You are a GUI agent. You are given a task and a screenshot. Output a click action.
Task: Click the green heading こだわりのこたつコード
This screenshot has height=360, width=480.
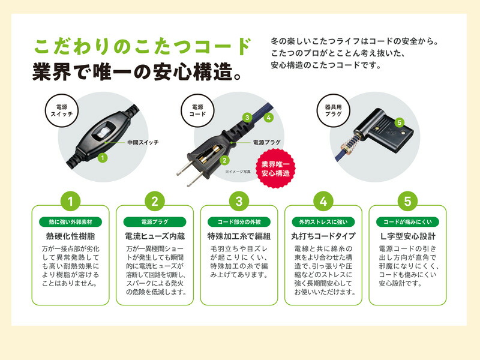[x=143, y=47]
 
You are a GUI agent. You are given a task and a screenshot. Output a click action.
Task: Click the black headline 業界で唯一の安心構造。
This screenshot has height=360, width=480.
[x=137, y=71]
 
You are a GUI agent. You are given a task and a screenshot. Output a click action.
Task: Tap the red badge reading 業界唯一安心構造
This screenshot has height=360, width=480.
[x=275, y=169]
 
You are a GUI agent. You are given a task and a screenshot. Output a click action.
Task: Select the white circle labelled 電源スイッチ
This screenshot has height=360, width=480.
[x=62, y=110]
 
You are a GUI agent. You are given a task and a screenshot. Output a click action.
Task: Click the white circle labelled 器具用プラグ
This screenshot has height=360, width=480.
[x=333, y=110]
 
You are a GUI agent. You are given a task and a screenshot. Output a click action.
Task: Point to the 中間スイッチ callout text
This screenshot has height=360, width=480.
[x=143, y=142]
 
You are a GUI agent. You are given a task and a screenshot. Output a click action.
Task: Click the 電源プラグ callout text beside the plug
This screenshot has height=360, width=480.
[x=266, y=142]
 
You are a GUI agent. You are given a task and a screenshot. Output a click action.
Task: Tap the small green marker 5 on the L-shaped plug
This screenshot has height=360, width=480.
[x=399, y=123]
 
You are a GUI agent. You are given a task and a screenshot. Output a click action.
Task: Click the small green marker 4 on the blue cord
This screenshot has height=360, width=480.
[x=268, y=117]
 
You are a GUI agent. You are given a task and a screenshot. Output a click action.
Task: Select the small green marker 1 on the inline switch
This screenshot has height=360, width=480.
[x=103, y=158]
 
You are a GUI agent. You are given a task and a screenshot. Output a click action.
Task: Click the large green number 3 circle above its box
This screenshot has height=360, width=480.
[x=239, y=202]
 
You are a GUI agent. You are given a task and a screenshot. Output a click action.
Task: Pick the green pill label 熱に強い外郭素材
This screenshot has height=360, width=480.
[x=70, y=222]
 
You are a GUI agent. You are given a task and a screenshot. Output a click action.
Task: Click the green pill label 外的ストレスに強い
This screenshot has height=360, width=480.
[x=323, y=222]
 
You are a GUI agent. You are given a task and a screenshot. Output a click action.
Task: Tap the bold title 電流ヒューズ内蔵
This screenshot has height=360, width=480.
[x=155, y=236]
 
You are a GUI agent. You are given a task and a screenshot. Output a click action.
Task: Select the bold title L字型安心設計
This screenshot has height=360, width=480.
[x=407, y=236]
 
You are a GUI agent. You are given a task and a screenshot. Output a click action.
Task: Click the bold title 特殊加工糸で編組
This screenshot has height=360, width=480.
[x=239, y=236]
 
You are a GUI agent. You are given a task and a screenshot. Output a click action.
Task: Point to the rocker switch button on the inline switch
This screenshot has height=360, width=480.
[x=101, y=132]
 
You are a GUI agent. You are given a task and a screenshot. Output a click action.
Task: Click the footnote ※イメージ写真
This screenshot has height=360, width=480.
[x=238, y=172]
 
